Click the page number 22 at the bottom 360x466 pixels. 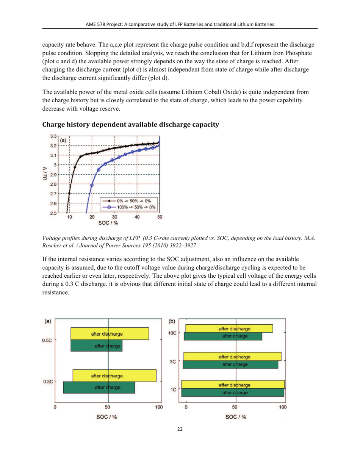[x=180, y=440]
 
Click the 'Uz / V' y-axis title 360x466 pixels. [x=45, y=174]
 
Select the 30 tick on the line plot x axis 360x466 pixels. [x=114, y=217]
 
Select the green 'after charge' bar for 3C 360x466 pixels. [x=230, y=364]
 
